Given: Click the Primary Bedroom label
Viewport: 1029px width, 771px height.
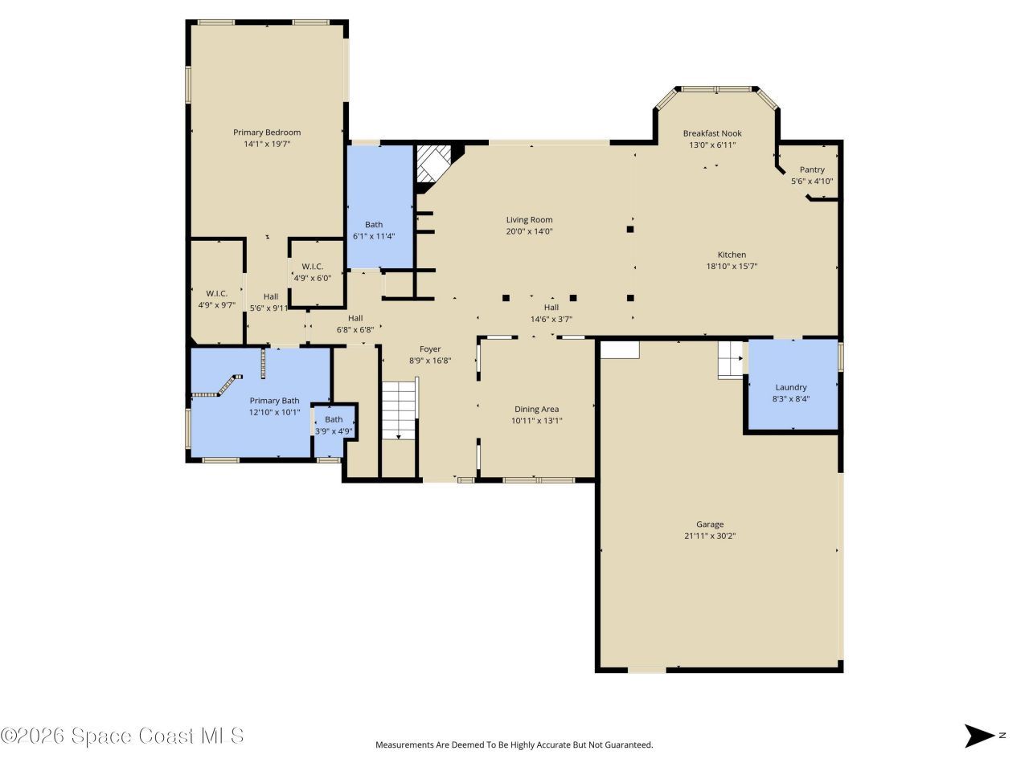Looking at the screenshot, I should [x=267, y=133].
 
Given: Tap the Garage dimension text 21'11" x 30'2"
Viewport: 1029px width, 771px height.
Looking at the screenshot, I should [x=710, y=536].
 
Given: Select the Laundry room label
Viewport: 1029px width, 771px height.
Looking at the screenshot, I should [x=791, y=387].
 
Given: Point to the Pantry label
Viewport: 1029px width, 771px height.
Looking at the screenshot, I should [x=812, y=169].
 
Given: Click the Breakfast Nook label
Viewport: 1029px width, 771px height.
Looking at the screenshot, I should [x=712, y=133].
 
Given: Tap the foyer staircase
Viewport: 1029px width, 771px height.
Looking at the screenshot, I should [x=399, y=410].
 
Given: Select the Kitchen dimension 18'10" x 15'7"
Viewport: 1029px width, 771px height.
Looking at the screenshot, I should [x=732, y=266].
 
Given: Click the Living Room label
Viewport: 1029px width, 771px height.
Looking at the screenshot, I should [x=529, y=219].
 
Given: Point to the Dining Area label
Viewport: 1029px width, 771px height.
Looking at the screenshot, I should [x=536, y=409].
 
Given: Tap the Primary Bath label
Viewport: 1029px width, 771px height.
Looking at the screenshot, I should [x=274, y=401].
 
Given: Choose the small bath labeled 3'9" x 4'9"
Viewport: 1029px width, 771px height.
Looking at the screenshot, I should [x=334, y=426].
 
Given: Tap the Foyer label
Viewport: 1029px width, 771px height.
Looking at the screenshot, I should [x=430, y=349].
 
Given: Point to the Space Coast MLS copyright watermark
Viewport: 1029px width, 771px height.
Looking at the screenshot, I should [x=122, y=736].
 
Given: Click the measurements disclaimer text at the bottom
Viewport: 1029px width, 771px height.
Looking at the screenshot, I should [x=514, y=744].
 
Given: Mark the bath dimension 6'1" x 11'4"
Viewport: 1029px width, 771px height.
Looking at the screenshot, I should [x=374, y=236].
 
